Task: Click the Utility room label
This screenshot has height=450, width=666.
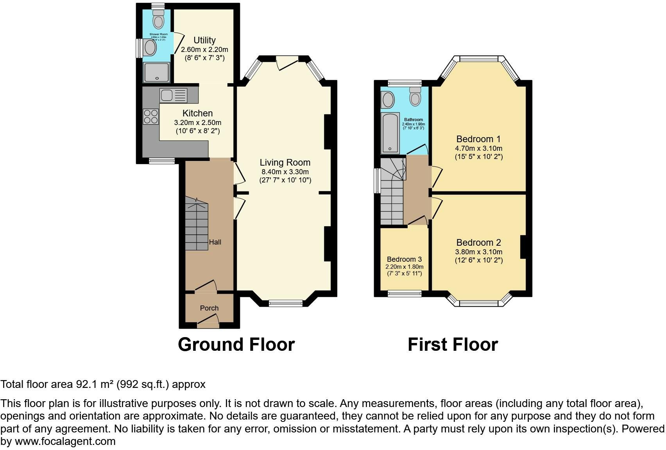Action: point(204,40)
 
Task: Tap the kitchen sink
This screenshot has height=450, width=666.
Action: point(173,95)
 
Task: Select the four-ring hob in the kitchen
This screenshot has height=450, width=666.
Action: point(151,116)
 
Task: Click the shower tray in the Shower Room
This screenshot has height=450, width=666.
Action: point(156,72)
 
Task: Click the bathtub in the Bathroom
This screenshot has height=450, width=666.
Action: point(390,133)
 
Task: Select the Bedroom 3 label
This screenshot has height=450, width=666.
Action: point(404,259)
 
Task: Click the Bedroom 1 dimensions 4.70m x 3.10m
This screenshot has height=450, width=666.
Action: point(478,148)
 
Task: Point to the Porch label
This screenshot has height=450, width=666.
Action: point(209,308)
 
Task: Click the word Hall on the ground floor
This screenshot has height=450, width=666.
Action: point(215,242)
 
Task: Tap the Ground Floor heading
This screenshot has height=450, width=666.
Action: point(236,345)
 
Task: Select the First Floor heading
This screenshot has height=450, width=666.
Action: point(453,345)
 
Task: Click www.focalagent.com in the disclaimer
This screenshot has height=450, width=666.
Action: point(65,442)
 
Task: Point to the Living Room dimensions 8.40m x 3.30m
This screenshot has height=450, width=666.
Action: point(285,172)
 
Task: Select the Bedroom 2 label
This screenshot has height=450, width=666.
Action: point(478,243)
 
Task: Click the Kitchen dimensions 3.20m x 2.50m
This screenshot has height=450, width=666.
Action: point(197,123)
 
